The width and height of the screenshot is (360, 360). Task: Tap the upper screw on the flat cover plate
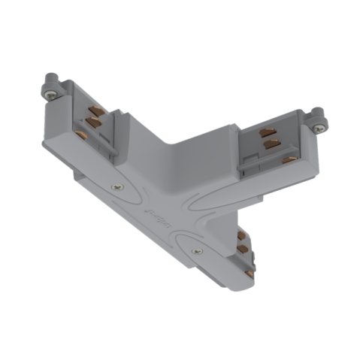pos(114,187)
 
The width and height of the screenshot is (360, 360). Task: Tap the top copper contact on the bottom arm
pos(241,234)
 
